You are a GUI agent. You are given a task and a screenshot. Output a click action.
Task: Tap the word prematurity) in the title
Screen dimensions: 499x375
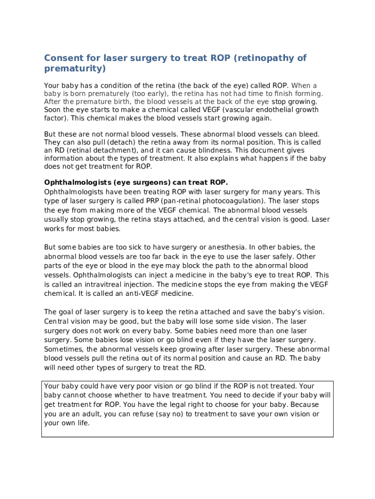75,69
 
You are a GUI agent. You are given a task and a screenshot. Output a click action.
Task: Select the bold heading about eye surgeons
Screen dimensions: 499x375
136,183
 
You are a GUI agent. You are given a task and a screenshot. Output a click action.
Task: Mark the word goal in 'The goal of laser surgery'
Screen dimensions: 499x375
67,312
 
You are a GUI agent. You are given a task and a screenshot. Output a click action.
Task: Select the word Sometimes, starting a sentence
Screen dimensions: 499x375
64,349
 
